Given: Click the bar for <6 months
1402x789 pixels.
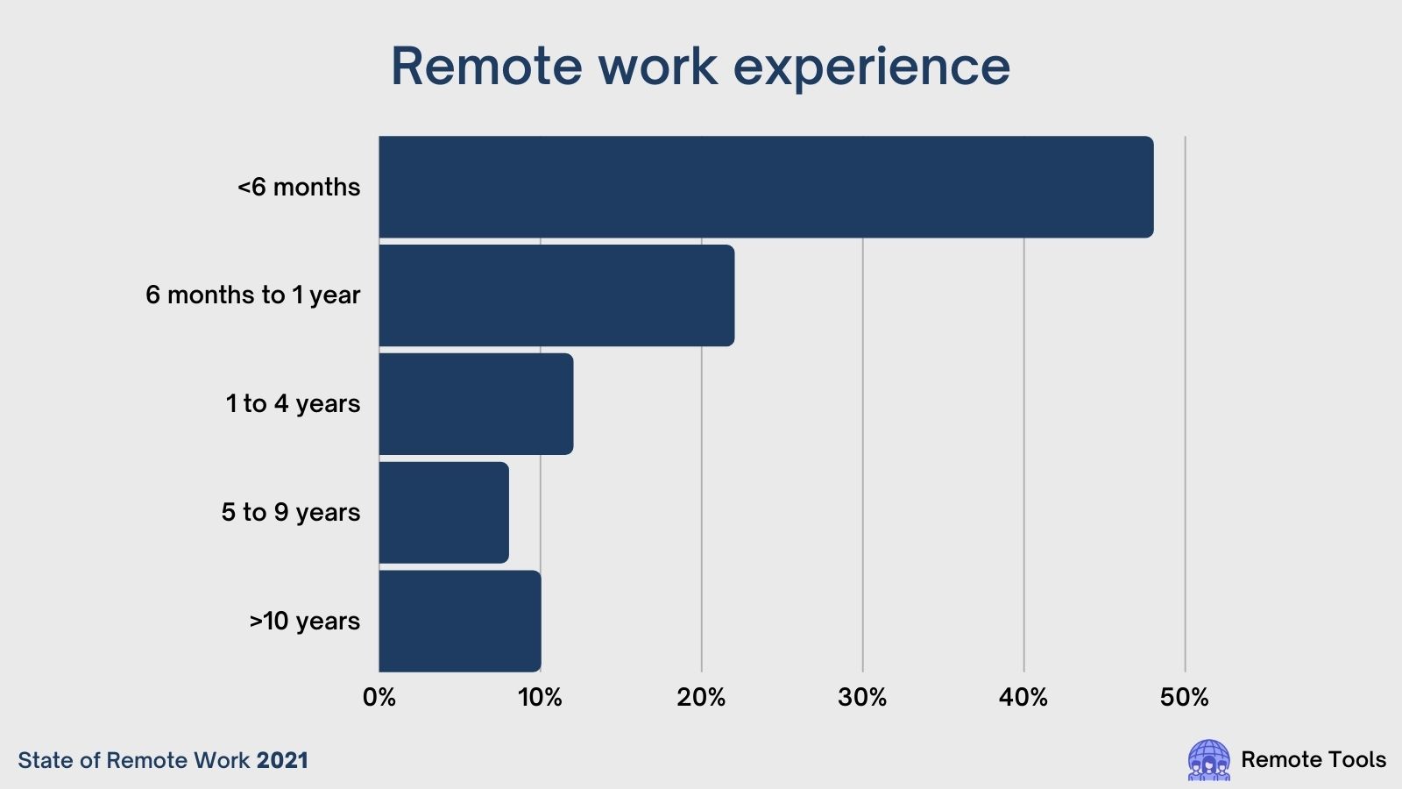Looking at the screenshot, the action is [766, 187].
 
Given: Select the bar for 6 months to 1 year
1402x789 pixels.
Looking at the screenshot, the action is [556, 295].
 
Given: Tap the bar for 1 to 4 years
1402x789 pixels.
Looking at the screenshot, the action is [476, 404].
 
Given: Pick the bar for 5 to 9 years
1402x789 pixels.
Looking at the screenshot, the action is [443, 512].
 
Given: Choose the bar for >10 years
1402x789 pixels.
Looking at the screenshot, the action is [460, 622].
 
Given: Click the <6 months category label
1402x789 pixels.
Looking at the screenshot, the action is [299, 188].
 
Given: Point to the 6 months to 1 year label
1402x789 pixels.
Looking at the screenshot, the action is [253, 295].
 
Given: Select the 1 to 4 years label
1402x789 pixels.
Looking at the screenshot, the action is [293, 404].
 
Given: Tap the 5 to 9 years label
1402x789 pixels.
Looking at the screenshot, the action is [290, 512].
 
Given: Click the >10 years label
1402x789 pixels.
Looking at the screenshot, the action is [304, 622].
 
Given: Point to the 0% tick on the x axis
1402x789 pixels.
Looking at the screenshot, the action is [379, 698].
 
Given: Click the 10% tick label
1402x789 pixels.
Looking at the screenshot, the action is [540, 698].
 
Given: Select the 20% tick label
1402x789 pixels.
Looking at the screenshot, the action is [701, 698].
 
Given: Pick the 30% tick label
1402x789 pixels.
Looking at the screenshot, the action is [862, 698].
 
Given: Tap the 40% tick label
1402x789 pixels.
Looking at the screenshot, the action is [1023, 698].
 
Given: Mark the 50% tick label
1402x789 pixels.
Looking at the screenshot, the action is [1184, 698].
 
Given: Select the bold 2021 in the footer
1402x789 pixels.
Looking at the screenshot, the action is [282, 760].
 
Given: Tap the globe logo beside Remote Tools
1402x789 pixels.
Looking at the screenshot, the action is [1208, 759].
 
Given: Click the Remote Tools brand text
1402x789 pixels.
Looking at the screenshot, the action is [1313, 759].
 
